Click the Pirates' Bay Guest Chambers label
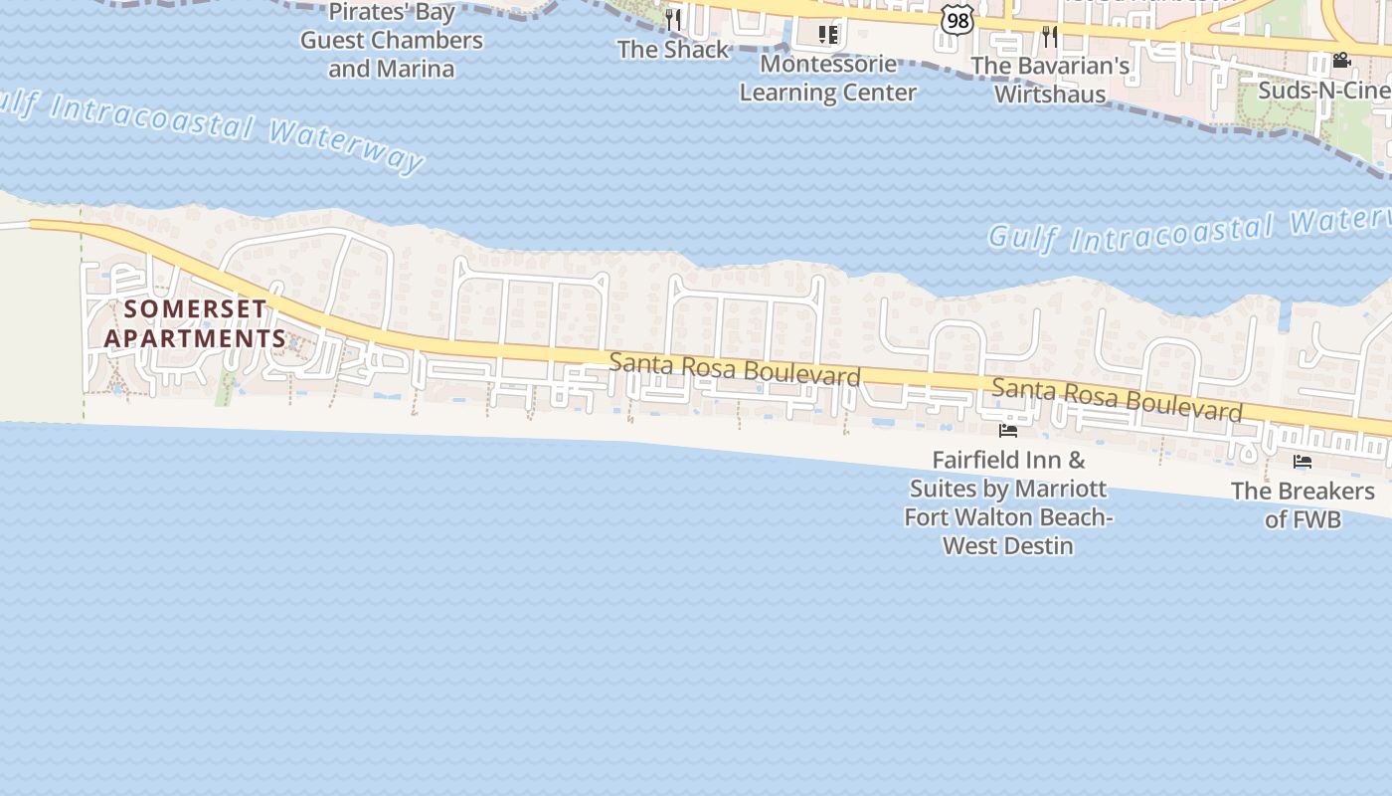click(x=392, y=40)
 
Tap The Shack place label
click(x=673, y=49)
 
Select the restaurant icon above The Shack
click(x=673, y=19)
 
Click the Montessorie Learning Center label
click(x=828, y=79)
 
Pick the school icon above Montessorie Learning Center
click(x=828, y=36)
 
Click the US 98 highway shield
click(x=957, y=21)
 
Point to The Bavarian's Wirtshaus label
click(x=1050, y=80)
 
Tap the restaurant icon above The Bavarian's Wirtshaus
click(x=1050, y=37)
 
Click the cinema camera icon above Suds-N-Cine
click(x=1341, y=61)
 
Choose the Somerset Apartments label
click(x=196, y=323)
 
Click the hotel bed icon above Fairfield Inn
click(x=1008, y=431)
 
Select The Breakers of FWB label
click(x=1303, y=504)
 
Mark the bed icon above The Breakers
click(x=1303, y=462)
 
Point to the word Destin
click(x=1037, y=545)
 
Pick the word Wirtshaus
click(x=1050, y=95)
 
